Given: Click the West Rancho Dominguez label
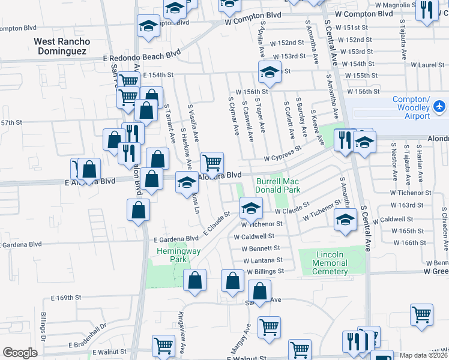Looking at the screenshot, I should [x=62, y=46].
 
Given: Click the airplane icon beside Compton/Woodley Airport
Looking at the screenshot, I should [x=439, y=106].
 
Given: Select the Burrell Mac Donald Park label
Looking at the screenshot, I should [x=278, y=185].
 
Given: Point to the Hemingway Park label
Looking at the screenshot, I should [x=172, y=255].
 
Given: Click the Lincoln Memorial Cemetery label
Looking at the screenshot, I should [x=330, y=263].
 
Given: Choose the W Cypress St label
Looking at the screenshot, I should [x=283, y=155].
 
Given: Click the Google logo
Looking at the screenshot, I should [x=20, y=352].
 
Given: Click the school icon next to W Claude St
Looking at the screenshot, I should [x=251, y=208].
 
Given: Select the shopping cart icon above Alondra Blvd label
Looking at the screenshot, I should [x=212, y=161].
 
